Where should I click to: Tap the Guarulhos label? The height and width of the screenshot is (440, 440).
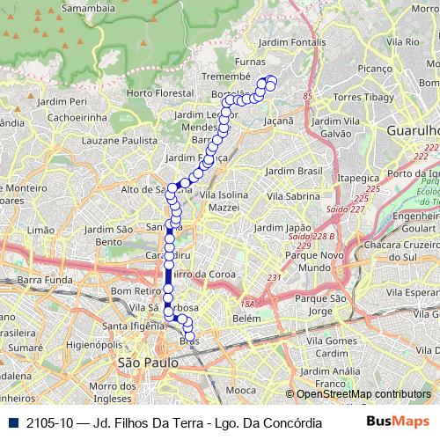coord(413,130)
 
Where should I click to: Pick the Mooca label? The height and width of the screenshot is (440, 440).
coord(240,388)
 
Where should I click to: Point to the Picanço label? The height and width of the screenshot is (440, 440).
coord(375,68)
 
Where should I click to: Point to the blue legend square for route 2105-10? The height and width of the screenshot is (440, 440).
coord(11,422)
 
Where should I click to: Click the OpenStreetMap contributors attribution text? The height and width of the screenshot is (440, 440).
coord(363,393)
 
